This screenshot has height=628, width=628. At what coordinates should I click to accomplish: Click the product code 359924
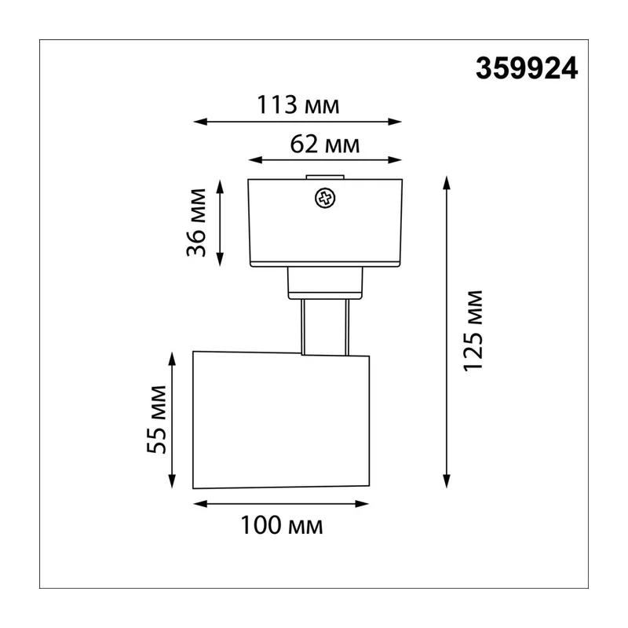click(x=527, y=68)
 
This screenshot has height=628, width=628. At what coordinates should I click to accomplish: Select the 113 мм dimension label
click(x=298, y=105)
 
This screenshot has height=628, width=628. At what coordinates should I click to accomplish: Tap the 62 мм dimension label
click(x=325, y=144)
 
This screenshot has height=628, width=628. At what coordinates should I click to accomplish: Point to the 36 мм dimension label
click(x=196, y=223)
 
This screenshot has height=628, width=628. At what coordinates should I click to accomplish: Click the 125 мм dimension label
click(x=473, y=330)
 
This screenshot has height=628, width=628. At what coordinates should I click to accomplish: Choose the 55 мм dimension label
click(x=156, y=419)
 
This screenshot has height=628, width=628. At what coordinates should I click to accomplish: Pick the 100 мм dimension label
click(x=282, y=525)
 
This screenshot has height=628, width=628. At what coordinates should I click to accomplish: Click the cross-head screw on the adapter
click(x=325, y=199)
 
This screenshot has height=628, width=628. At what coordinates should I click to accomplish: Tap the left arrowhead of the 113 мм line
click(x=200, y=122)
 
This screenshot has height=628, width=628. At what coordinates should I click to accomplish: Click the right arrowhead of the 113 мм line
click(x=395, y=122)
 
